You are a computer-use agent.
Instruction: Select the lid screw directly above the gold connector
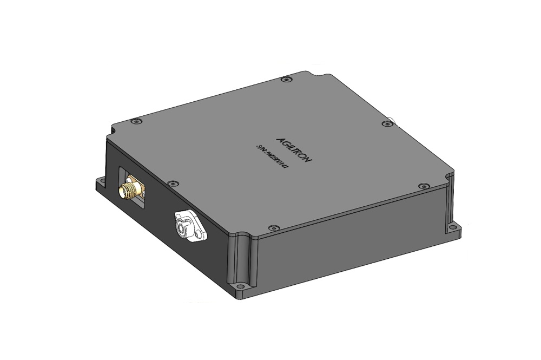pos(136,121)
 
